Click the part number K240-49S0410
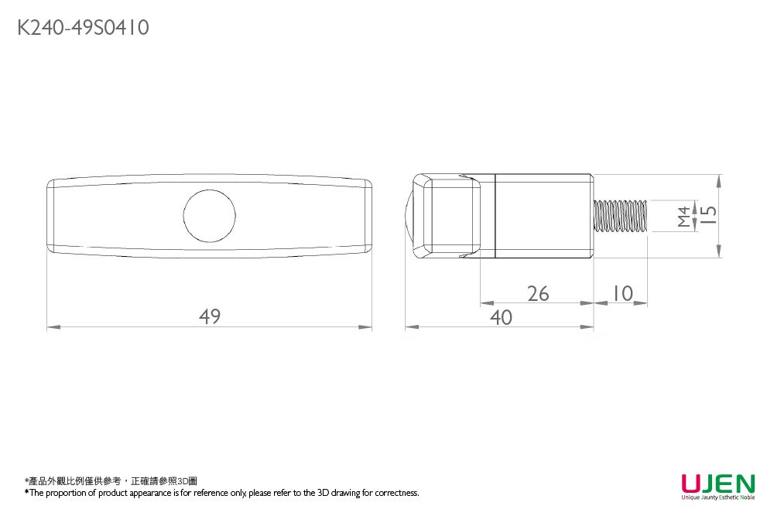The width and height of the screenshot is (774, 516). coord(83,29)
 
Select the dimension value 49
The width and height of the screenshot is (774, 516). coord(210,316)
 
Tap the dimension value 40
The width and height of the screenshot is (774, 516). coord(501,317)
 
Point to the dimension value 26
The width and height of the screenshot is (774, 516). coord(538,294)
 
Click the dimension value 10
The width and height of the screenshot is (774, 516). coord(620,294)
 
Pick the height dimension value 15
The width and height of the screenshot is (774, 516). coord(708,215)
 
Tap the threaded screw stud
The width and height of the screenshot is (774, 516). coord(620,215)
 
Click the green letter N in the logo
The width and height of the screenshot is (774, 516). coord(744,484)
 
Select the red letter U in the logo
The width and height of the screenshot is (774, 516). coord(691,484)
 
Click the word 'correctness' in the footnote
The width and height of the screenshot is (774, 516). coord(397,493)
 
